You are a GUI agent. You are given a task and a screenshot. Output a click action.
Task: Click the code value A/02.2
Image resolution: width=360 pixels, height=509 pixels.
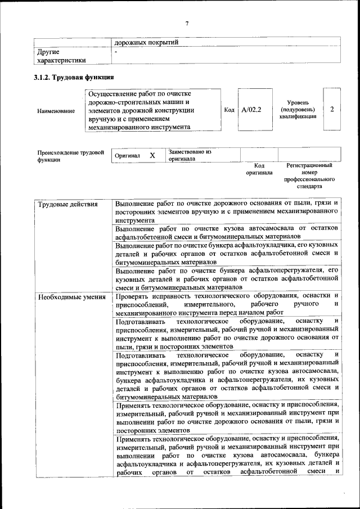coord(251,110)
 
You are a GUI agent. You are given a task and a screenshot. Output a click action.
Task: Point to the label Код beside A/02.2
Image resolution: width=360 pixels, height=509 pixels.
coord(229,110)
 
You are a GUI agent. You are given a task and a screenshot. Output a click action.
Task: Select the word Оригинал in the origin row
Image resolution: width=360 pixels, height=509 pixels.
coord(127,155)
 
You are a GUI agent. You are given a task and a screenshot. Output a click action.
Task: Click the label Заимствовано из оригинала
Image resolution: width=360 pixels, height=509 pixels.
coord(190,155)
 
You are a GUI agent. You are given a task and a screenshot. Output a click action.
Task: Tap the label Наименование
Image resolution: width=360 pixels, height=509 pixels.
coord(56,111)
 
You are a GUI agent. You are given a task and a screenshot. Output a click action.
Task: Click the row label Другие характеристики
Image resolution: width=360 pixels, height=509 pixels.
coord(61,56)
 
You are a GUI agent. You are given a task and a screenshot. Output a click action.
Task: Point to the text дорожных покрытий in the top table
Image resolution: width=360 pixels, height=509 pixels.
coord(146,42)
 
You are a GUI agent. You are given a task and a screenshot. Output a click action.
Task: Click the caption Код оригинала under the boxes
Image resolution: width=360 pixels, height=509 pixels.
coord(259,169)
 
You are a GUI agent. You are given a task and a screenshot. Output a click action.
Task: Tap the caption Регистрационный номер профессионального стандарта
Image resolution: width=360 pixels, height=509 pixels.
coord(309,175)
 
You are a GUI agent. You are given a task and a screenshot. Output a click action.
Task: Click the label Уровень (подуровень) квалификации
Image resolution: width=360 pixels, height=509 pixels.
coord(297,110)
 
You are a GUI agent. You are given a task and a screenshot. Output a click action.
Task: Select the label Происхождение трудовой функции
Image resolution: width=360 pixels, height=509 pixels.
coord(71,156)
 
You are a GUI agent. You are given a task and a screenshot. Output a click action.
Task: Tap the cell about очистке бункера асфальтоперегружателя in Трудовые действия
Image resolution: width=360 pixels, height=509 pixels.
coord(227,279)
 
